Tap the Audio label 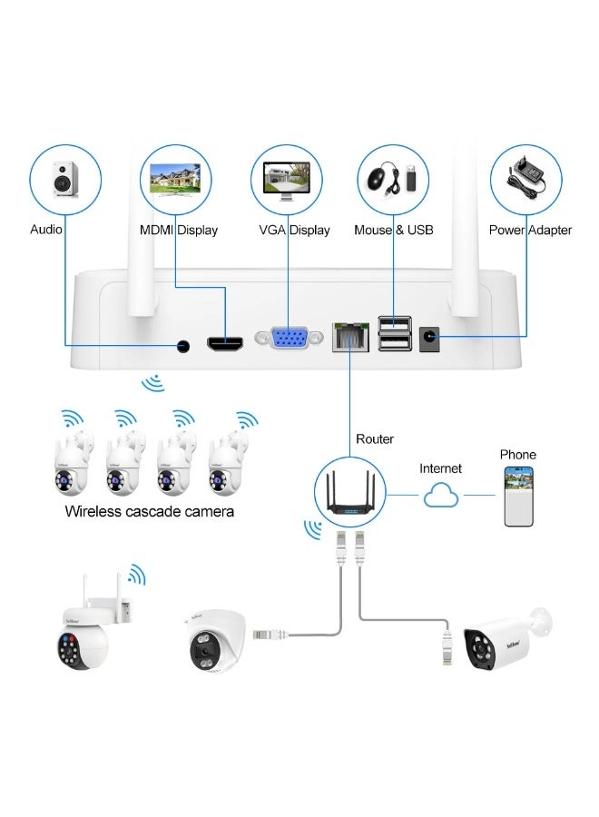(45, 229)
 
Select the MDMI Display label (179, 230)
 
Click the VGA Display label (294, 230)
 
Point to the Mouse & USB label (394, 230)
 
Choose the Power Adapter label (530, 230)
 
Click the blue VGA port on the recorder (289, 338)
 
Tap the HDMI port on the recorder (225, 345)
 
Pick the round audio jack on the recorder (184, 346)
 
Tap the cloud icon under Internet (439, 497)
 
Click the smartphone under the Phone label (519, 497)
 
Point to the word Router (374, 439)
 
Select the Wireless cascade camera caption (150, 511)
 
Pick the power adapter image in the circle (526, 177)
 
